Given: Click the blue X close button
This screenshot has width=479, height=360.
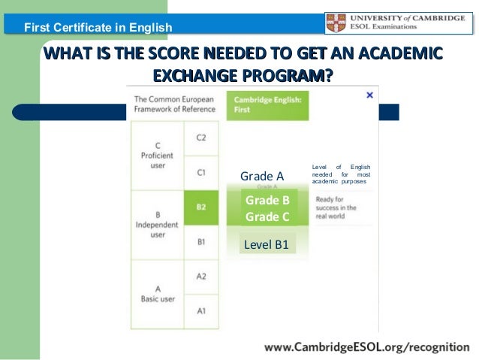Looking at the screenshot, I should pos(369,95).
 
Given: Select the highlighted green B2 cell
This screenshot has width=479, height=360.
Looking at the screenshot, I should pos(200,207).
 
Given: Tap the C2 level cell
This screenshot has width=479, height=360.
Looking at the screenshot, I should pos(200,138).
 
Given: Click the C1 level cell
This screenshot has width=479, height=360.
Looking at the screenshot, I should pos(200,172).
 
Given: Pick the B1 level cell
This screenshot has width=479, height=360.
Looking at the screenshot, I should pos(200,241).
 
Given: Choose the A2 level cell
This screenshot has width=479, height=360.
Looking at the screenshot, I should pos(200,276).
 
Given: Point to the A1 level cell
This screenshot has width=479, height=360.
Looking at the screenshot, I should pos(200,311).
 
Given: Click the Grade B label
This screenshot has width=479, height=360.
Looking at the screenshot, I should pos(267,201).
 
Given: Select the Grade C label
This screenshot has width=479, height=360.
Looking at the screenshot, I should pos(267,217).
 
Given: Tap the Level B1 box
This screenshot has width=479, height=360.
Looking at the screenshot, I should pos(267,244).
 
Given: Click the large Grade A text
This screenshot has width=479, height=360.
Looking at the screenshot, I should pos(261,176).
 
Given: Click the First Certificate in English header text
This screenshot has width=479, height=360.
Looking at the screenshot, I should pos(98,29).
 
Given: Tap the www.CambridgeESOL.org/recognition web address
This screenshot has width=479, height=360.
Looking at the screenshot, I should pos(366,347).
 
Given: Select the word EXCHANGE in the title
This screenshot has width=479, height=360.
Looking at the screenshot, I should pos(196,75).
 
